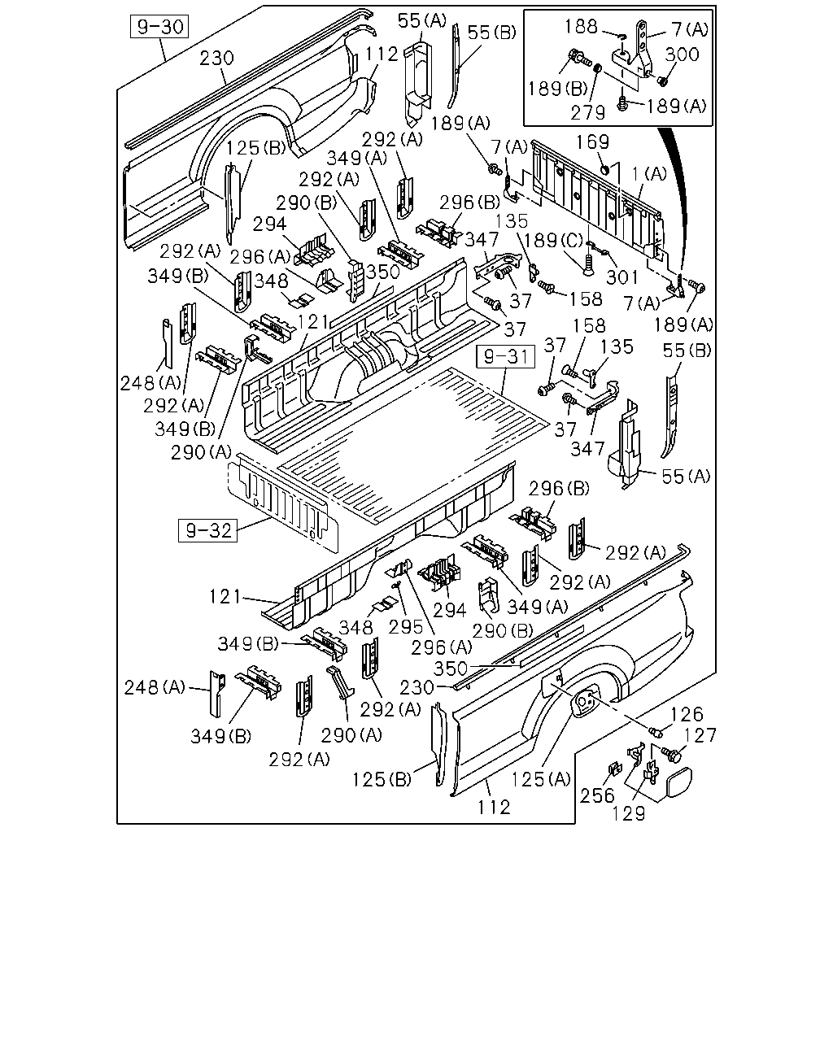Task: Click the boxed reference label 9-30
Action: [x=159, y=27]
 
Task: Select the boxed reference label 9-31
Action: [x=506, y=357]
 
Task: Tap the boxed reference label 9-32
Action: [x=207, y=530]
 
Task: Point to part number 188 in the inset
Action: [x=581, y=27]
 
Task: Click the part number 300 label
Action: [x=682, y=54]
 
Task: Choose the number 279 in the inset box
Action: [x=588, y=113]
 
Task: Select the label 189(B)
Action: [x=557, y=89]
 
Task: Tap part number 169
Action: [x=592, y=142]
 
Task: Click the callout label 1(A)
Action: [x=649, y=174]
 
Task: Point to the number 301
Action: [x=622, y=277]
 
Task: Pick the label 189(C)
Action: [x=553, y=241]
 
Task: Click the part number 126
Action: [x=687, y=715]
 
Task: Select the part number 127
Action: [x=700, y=736]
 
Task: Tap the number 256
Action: [x=597, y=795]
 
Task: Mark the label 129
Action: [x=629, y=814]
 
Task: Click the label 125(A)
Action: [x=541, y=779]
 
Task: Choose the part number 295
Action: [x=406, y=627]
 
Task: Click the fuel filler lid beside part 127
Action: [x=678, y=782]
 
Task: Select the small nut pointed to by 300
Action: [x=663, y=81]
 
